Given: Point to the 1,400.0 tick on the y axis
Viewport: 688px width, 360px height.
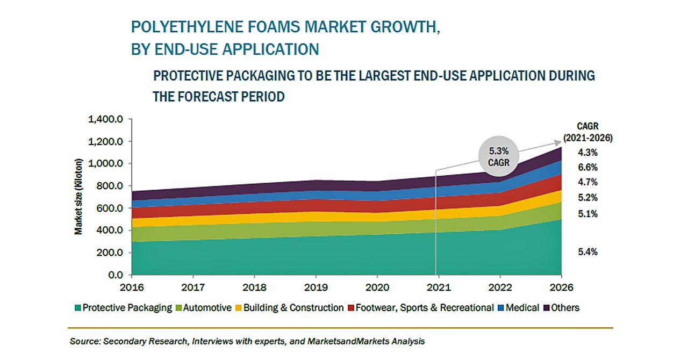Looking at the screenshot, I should coord(105,119).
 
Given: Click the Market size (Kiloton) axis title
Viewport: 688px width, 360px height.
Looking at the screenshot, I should coord(79,197).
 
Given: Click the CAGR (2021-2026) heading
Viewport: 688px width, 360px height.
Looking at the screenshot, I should coord(588,132).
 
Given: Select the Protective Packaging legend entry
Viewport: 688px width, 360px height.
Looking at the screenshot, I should coord(123,308).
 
